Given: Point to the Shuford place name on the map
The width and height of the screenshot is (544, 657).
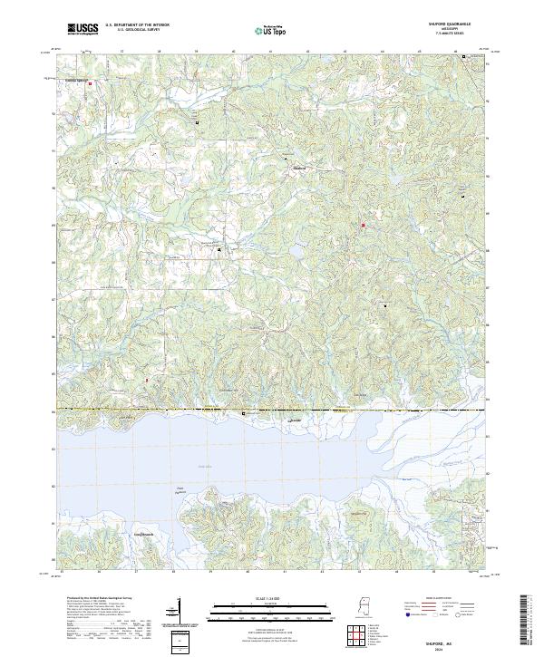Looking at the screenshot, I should click(300, 169).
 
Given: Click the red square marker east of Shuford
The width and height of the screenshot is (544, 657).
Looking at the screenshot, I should click(364, 225).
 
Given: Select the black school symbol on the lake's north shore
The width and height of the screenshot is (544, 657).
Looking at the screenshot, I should click(243, 413).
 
